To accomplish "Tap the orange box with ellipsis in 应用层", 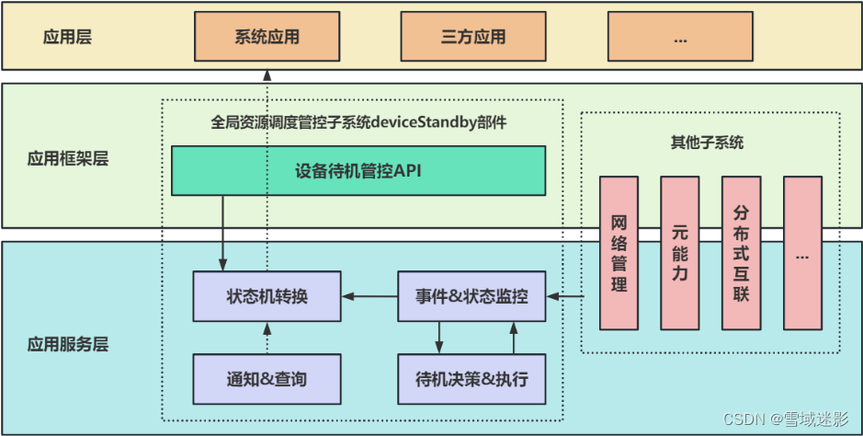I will click(681, 38).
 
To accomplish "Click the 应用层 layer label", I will click(67, 38).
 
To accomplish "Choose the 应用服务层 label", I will click(68, 345).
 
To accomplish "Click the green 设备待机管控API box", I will click(358, 170).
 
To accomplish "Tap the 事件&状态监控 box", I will click(471, 296).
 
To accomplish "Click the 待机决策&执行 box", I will click(471, 379).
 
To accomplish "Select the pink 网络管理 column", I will click(619, 252).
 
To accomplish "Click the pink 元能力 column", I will click(679, 252).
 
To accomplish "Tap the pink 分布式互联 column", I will click(741, 252).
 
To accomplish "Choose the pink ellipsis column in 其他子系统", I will click(802, 252).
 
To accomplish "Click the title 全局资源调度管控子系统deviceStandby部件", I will click(358, 121).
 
